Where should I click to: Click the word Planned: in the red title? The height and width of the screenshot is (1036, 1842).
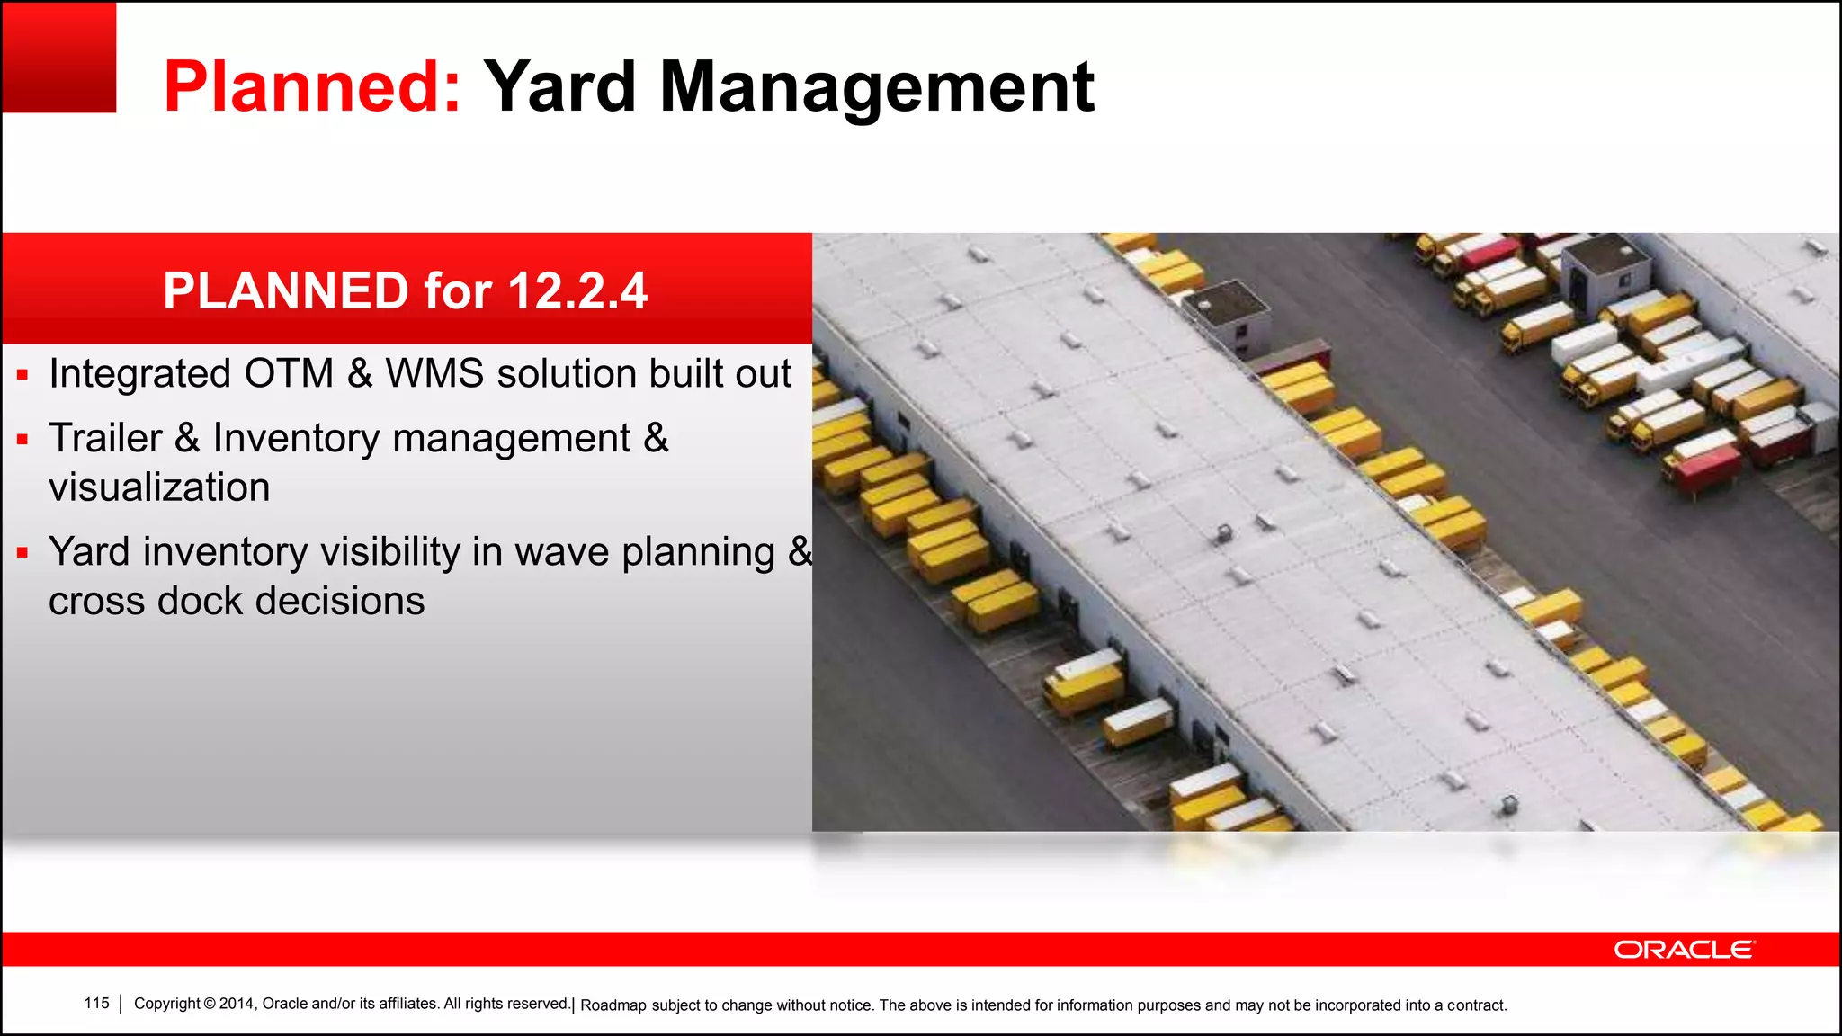click(312, 86)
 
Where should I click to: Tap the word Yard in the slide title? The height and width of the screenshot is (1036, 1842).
click(559, 86)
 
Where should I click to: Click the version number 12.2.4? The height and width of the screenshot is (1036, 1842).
click(577, 290)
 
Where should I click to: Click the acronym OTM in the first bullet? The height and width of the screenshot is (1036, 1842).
click(289, 373)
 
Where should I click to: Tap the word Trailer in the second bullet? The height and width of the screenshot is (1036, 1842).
click(105, 438)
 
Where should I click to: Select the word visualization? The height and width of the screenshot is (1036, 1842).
click(159, 487)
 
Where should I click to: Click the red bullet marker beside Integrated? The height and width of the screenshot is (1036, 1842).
click(22, 374)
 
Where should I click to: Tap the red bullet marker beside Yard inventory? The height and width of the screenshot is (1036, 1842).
click(22, 552)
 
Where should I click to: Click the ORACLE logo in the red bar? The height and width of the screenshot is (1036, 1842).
click(1684, 950)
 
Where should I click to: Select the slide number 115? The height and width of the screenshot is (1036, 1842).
click(96, 1003)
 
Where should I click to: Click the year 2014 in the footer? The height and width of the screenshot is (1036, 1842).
click(237, 1004)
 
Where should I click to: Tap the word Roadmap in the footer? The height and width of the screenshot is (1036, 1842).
click(613, 1005)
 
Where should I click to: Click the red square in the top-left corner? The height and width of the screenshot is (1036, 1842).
click(58, 57)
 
